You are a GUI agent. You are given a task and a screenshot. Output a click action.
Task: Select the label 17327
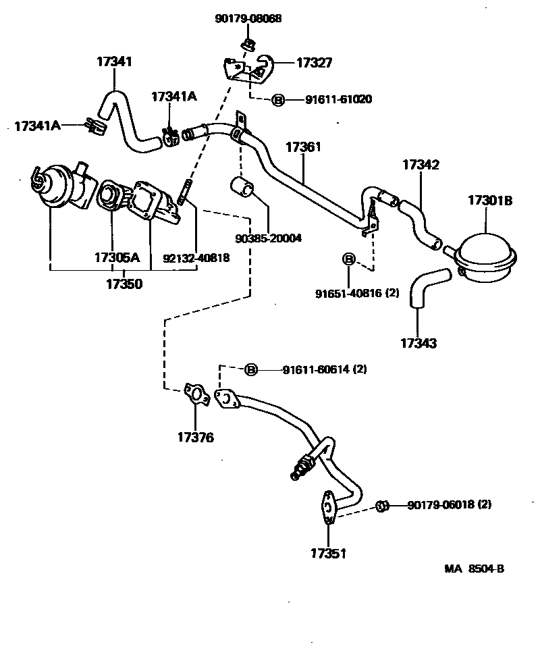[x=313, y=63]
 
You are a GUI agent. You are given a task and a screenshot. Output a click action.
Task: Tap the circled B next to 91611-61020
[x=277, y=100]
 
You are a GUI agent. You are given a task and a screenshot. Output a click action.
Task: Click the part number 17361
[x=303, y=147]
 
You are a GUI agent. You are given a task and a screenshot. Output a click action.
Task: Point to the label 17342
[x=421, y=164]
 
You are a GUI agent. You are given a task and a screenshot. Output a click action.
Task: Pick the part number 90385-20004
[x=269, y=238]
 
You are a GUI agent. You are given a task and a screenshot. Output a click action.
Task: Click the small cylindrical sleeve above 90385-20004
[x=242, y=186]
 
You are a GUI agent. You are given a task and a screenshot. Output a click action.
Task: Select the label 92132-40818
[x=196, y=257]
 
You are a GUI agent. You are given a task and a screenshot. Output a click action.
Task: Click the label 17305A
[x=117, y=257]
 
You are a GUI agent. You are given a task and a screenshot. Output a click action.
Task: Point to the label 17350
[x=124, y=284]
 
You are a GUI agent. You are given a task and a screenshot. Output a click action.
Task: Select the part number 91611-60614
[x=315, y=369]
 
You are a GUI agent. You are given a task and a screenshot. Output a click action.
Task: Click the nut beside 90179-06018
[x=381, y=506]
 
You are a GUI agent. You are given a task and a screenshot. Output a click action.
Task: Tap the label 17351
[x=328, y=554]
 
